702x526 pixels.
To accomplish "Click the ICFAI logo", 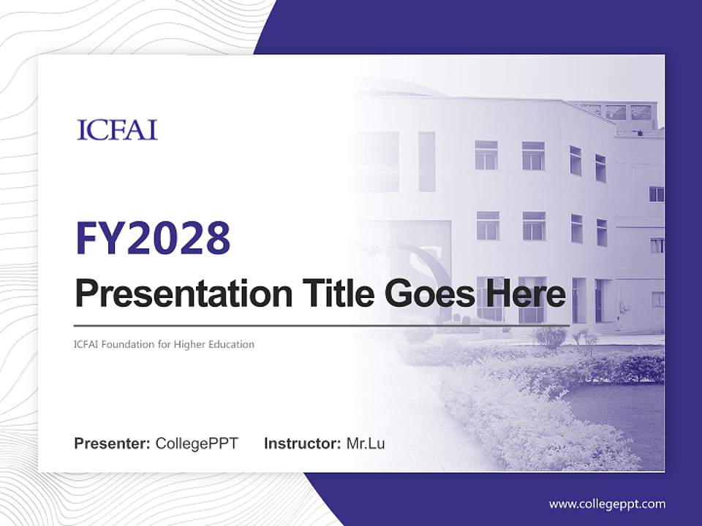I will [117, 130].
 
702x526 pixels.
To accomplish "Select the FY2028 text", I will [153, 238].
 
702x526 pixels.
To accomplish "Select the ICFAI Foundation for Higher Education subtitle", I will [165, 344].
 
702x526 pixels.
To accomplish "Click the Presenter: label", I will [112, 443].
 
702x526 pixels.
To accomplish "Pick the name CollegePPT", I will [197, 443].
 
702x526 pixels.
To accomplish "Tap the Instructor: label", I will [302, 443].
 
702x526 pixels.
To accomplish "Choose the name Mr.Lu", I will [366, 443].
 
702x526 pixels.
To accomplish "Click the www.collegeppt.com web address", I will [607, 504].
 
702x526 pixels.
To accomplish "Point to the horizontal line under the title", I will [322, 325].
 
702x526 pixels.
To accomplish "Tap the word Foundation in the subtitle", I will [127, 344].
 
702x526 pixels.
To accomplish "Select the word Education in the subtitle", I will [232, 344].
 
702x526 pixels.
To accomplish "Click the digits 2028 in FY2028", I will [177, 238].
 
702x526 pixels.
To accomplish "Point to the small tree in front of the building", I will [551, 337].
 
